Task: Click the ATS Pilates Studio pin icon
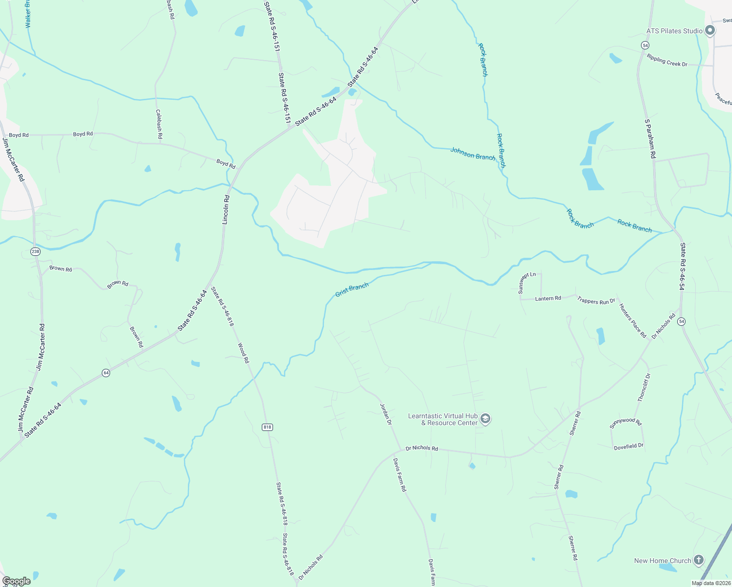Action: coord(710,31)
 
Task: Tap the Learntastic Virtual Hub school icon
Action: coord(485,419)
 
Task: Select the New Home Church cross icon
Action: coord(699,560)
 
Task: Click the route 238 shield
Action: coord(35,251)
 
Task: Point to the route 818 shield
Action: coord(267,427)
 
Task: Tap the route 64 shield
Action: coord(106,373)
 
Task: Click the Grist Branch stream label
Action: coord(352,290)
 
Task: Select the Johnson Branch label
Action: coord(473,154)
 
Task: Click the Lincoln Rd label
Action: coord(226,210)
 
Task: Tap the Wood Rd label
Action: coord(244,353)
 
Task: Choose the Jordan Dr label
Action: coord(386,414)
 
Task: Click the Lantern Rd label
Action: coord(548,298)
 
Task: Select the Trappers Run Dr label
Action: coord(596,301)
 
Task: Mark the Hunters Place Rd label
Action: coord(633,321)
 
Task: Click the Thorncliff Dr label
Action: coord(644,387)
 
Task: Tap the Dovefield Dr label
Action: coord(629,446)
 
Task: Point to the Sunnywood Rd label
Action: coord(625,423)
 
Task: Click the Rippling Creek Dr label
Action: coord(667,61)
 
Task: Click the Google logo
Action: coord(17,581)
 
